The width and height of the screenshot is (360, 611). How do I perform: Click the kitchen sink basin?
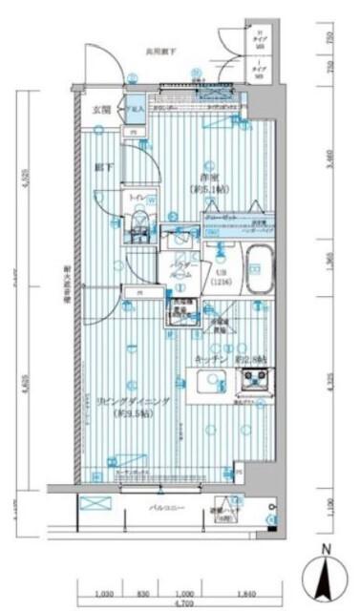pyautogui.click(x=209, y=383)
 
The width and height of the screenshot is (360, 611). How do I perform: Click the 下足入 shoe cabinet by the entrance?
pyautogui.click(x=135, y=110)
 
